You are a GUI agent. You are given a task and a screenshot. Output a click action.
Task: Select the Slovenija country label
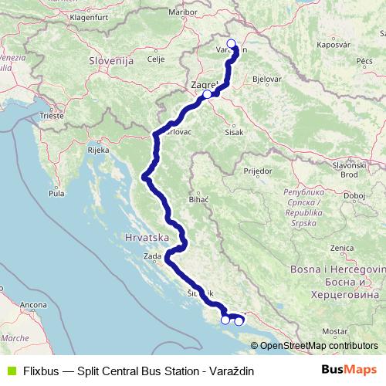pos(110,60)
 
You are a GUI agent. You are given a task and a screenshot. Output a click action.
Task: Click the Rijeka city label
pos(98,151)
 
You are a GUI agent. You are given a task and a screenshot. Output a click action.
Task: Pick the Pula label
pos(56,193)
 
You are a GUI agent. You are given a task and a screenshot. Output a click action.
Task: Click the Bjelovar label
pos(266,80)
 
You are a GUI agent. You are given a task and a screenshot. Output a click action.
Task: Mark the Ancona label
pos(29,306)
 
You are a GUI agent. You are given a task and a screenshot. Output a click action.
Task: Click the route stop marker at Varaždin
pos(231,44)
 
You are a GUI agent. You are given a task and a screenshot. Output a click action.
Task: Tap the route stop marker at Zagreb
pos(207,94)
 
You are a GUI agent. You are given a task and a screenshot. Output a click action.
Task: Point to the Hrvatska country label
pos(146,239)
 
